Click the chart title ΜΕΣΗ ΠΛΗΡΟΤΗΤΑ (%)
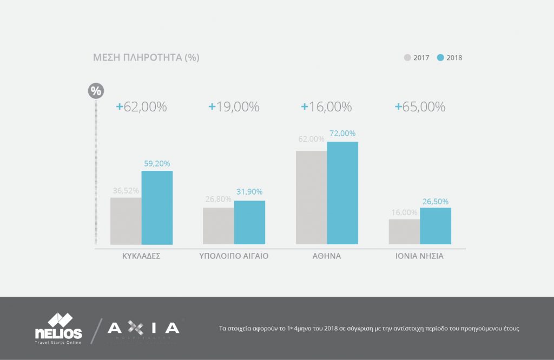click(x=147, y=57)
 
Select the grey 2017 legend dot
click(x=407, y=57)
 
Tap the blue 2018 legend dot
click(x=440, y=57)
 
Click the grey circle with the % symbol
click(x=95, y=91)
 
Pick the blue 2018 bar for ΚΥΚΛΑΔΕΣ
click(x=157, y=208)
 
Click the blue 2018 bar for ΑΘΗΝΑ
click(x=342, y=193)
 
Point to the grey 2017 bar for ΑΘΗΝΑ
click(x=311, y=197)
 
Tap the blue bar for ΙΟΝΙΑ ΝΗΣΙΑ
click(x=436, y=226)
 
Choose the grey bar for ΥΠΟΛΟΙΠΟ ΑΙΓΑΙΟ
click(x=219, y=226)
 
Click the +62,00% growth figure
click(x=141, y=107)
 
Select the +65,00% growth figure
click(x=420, y=107)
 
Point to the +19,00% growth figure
click(x=234, y=107)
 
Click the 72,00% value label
click(x=342, y=134)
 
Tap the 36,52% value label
click(x=126, y=190)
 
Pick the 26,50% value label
click(x=436, y=201)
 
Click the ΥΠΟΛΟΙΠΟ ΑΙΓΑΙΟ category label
click(x=234, y=256)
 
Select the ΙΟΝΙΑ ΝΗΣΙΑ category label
click(x=420, y=256)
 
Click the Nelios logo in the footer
click(x=58, y=329)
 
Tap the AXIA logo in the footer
click(x=143, y=328)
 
